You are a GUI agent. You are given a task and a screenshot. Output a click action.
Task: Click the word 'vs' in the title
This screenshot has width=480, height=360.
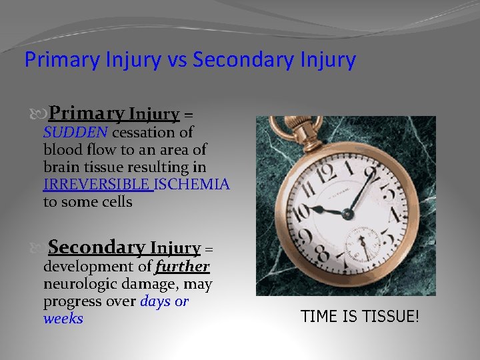176,60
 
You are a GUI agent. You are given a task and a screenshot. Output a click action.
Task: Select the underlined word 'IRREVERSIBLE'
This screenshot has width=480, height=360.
97,184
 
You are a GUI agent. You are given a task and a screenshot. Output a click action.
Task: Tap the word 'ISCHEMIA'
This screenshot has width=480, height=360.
193,184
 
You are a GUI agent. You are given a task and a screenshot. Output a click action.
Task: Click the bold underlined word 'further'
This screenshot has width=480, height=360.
182,267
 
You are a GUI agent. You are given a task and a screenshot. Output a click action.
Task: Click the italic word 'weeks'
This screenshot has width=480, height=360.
63,319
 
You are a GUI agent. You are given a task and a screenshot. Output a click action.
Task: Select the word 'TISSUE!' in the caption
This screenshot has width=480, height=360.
391,316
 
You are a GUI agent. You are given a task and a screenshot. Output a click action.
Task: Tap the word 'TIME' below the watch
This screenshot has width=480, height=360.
319,316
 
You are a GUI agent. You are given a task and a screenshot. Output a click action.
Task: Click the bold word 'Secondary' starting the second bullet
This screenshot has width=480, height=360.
96,247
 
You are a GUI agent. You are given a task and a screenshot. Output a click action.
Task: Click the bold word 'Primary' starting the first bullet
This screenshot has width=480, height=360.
87,113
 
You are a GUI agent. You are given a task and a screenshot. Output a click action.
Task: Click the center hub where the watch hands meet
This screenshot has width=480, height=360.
347,214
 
